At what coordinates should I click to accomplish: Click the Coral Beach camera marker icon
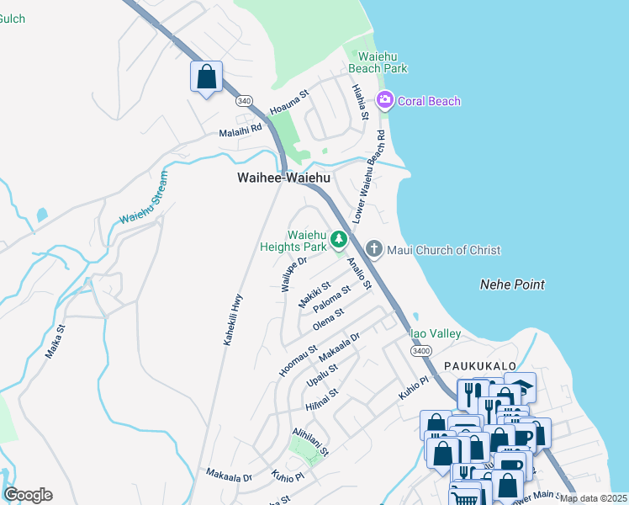pyautogui.click(x=385, y=101)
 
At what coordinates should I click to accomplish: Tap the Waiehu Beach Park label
pyautogui.click(x=378, y=61)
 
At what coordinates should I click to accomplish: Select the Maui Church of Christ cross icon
pyautogui.click(x=374, y=250)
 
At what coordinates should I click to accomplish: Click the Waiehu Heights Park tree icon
pyautogui.click(x=339, y=241)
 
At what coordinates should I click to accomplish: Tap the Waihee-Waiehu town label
pyautogui.click(x=283, y=178)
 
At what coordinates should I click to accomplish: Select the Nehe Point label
pyautogui.click(x=512, y=284)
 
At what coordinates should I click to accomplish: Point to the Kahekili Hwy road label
pyautogui.click(x=233, y=319)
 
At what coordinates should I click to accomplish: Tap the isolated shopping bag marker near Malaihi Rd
pyautogui.click(x=206, y=77)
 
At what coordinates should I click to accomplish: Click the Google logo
pyautogui.click(x=28, y=495)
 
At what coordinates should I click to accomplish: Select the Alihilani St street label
pyautogui.click(x=310, y=440)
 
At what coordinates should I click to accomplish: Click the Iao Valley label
pyautogui.click(x=435, y=334)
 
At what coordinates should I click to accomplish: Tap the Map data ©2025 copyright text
pyautogui.click(x=593, y=498)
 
